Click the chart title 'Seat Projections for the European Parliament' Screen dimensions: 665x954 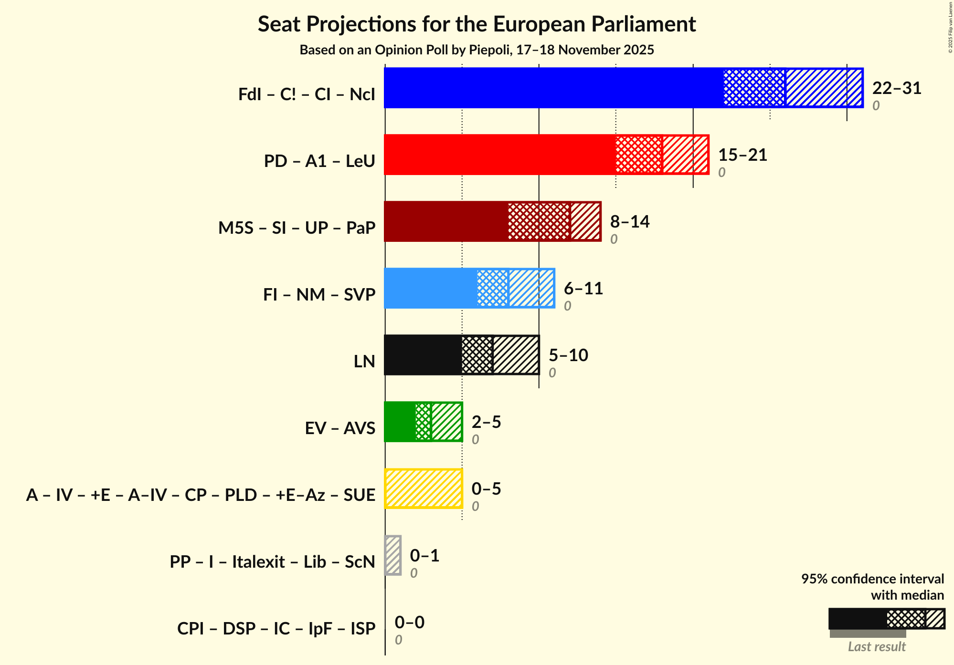477,24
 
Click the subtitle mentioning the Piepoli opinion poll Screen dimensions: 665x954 477,50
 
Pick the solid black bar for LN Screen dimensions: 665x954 423,355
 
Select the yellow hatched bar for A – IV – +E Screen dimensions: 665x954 424,488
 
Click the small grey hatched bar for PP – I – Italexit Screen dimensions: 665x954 393,555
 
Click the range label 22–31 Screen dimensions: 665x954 896,88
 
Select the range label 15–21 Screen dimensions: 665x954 742,155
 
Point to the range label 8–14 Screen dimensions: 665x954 630,222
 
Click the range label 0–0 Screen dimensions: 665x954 409,623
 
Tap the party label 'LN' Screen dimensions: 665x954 364,362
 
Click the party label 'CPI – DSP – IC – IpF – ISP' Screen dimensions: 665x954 276,629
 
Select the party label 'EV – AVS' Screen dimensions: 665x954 340,428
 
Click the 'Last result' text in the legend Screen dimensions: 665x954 877,647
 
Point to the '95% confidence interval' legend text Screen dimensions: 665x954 872,579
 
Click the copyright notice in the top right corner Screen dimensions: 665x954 950,28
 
